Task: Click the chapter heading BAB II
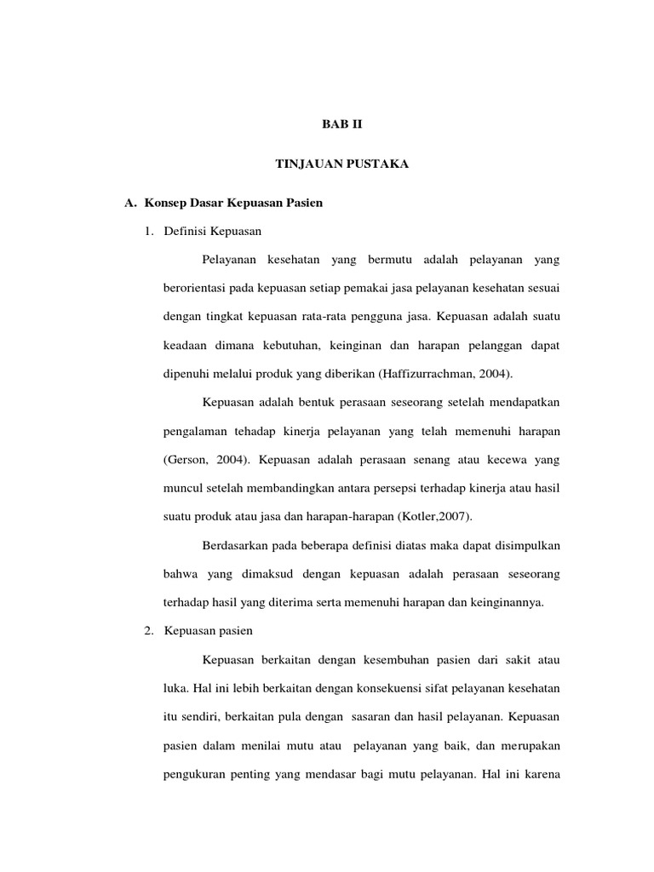[341, 123]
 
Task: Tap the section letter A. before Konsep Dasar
[130, 205]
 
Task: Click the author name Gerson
[186, 459]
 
